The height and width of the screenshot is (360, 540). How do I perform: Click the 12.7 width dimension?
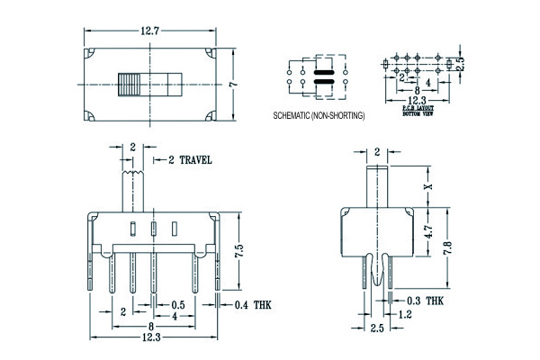point(149,31)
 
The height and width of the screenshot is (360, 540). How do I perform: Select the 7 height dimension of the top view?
point(231,84)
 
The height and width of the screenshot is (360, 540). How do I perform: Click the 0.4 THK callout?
point(253,306)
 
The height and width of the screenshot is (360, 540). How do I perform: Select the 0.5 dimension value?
point(178,306)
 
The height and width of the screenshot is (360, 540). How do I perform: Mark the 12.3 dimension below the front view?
point(150,337)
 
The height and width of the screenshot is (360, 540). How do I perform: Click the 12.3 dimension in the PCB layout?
point(415,101)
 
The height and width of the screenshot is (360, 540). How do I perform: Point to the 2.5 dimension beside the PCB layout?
point(459,64)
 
